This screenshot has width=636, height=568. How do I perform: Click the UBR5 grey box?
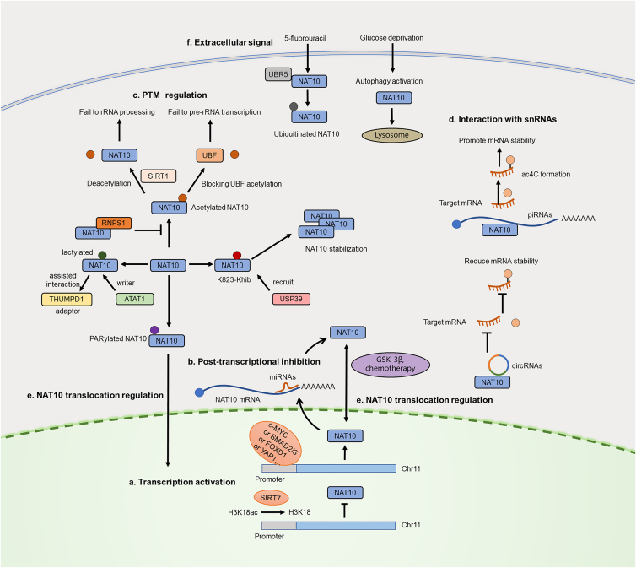pyautogui.click(x=278, y=74)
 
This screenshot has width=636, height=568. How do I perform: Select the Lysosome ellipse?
pyautogui.click(x=392, y=135)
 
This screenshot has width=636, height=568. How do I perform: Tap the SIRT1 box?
pyautogui.click(x=159, y=176)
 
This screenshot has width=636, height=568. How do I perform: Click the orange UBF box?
pyautogui.click(x=210, y=155)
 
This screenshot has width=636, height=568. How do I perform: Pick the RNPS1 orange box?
pyautogui.click(x=114, y=223)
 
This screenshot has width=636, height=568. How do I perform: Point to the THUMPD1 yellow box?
pyautogui.click(x=67, y=299)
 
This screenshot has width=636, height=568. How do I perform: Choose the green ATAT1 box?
pyautogui.click(x=135, y=299)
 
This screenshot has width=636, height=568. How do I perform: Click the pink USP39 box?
pyautogui.click(x=291, y=299)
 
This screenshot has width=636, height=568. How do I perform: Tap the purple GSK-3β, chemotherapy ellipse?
pyautogui.click(x=391, y=364)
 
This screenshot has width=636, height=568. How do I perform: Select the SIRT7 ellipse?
pyautogui.click(x=271, y=498)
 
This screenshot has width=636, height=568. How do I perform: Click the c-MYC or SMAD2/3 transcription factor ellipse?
pyautogui.click(x=276, y=443)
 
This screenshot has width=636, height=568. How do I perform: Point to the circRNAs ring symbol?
pyautogui.click(x=499, y=365)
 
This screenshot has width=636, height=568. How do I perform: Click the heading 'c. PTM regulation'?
pyautogui.click(x=170, y=95)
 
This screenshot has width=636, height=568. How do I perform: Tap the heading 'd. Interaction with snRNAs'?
pyautogui.click(x=503, y=119)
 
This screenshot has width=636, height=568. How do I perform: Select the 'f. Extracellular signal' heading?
pyautogui.click(x=229, y=42)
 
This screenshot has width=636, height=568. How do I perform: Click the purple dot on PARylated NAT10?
pyautogui.click(x=154, y=330)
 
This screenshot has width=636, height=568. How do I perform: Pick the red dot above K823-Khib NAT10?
pyautogui.click(x=237, y=255)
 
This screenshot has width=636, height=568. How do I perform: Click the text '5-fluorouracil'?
pyautogui.click(x=305, y=38)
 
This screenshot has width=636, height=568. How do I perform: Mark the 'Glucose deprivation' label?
pyautogui.click(x=392, y=38)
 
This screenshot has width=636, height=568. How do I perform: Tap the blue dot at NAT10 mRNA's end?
pyautogui.click(x=199, y=392)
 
